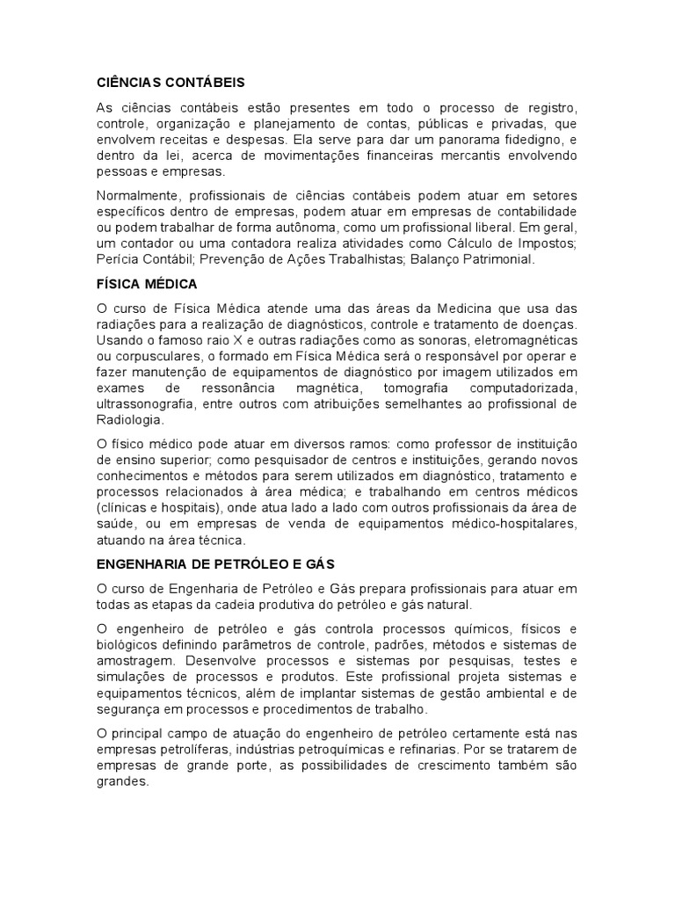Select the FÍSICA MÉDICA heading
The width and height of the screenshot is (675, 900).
coord(146,285)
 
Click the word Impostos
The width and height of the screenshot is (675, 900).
coord(544,243)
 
